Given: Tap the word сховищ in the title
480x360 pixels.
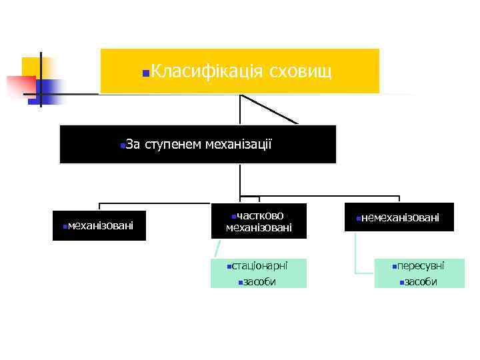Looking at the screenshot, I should pos(300,70).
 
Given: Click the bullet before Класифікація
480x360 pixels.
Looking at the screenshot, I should pos(145,71).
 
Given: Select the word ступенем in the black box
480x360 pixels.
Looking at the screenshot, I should pos(173,143).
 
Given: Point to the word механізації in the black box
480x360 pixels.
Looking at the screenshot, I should pos(239,143).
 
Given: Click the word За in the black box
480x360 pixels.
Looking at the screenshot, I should pos(132,143).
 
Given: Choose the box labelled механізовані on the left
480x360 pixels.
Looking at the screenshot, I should pos(99,225).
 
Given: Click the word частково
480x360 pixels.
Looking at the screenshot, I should pos(261,215).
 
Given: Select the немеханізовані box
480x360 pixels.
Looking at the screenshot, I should pos(399,217).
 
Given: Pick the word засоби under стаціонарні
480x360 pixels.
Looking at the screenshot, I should pos(260,281).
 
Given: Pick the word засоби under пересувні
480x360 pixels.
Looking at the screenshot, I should pos(421,281).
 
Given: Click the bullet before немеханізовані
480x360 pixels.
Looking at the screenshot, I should pos(358,219).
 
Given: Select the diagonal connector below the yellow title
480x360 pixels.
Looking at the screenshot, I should pos(268,109).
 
